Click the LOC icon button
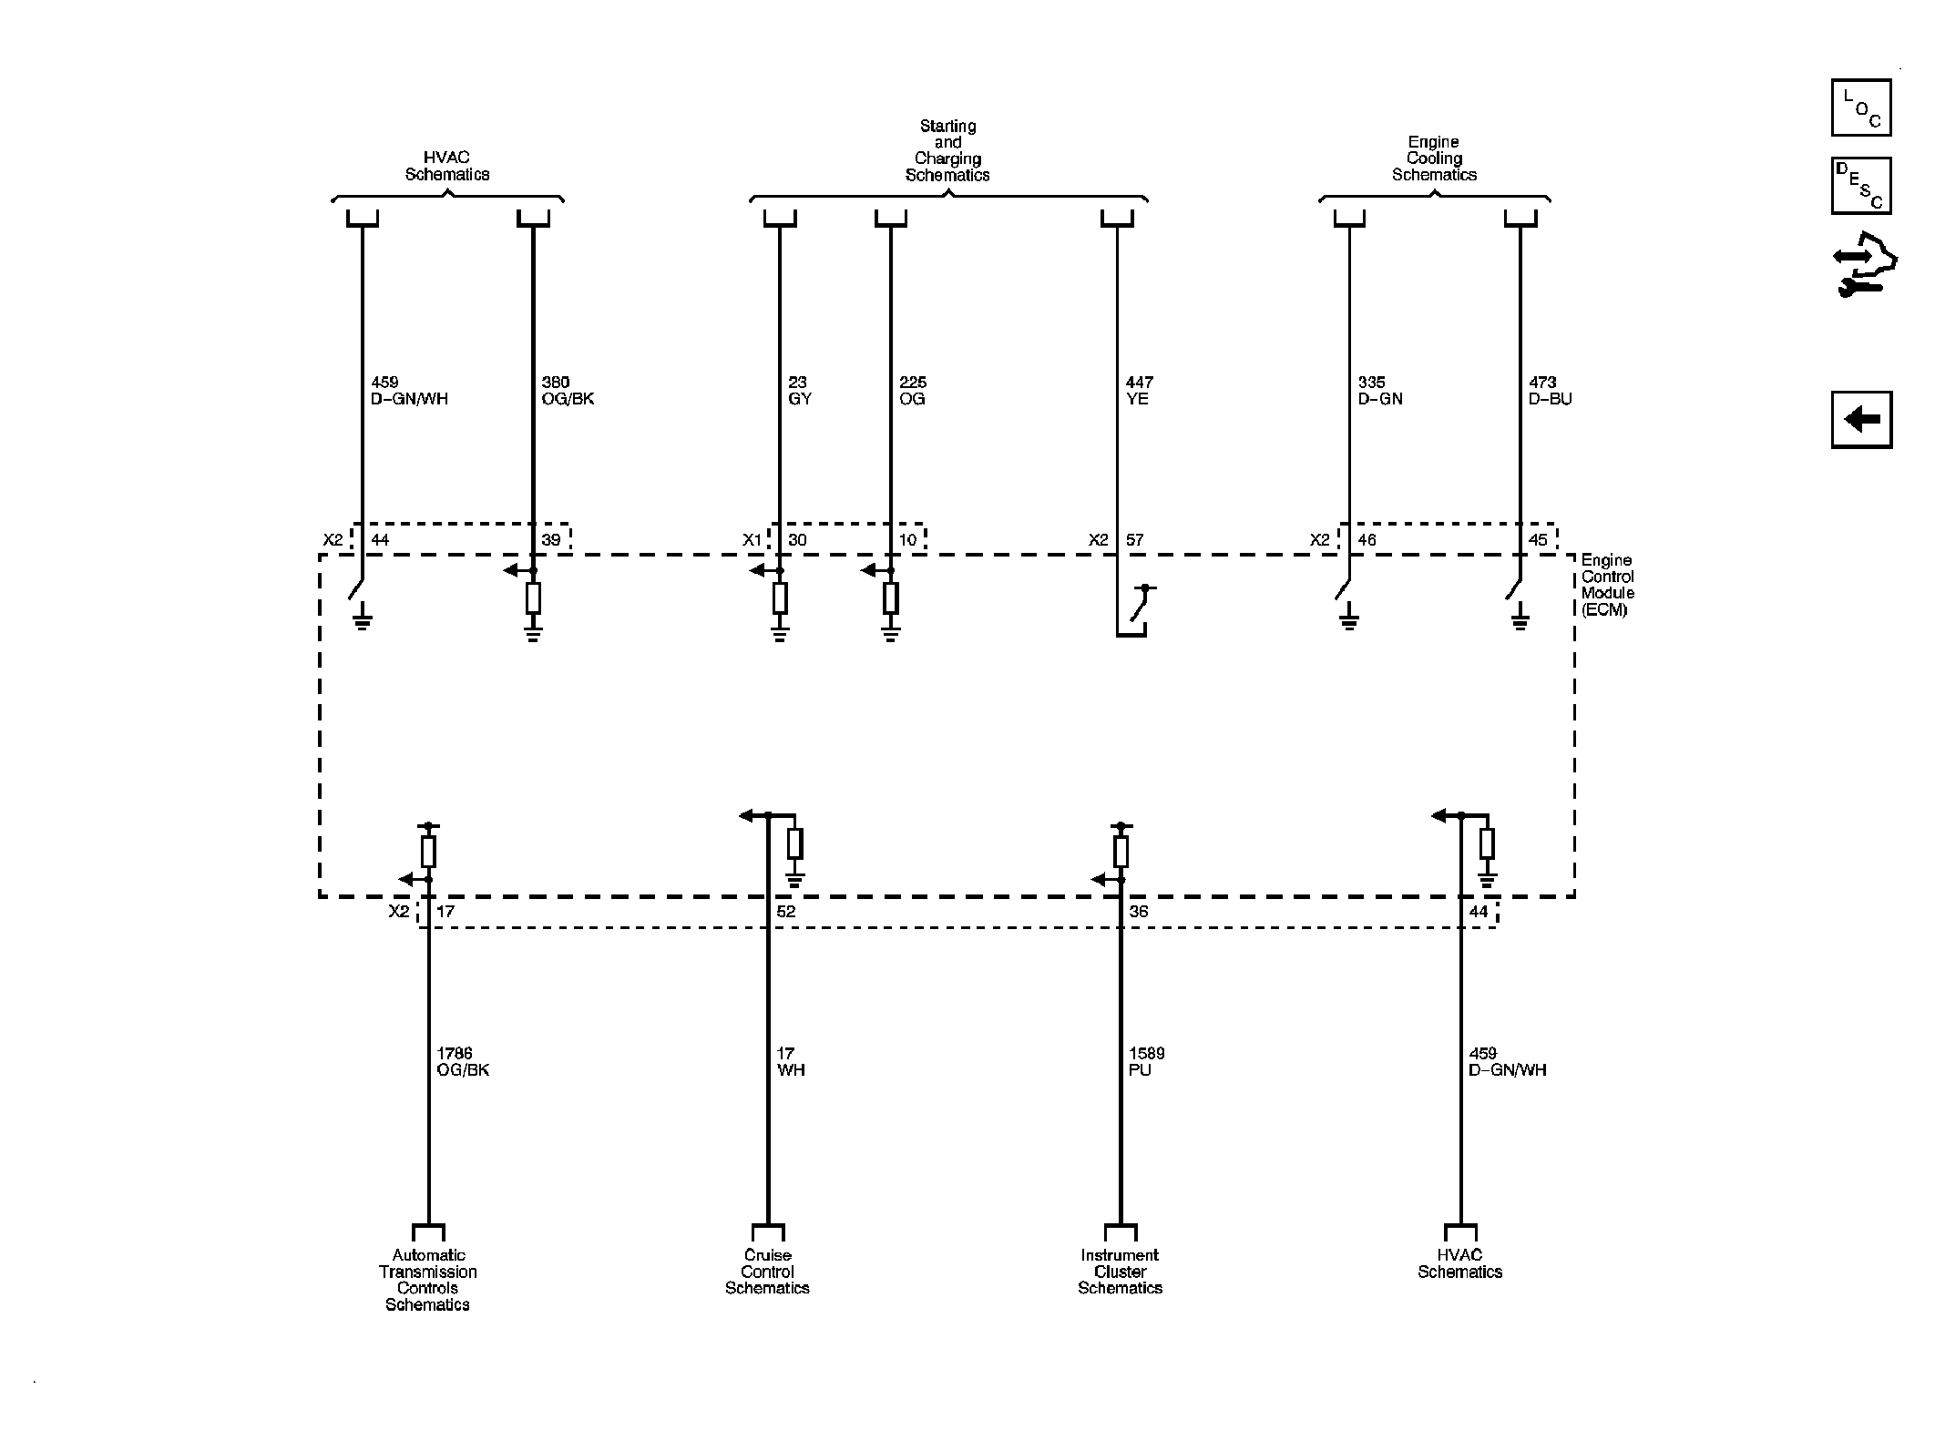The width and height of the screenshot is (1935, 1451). tap(1861, 107)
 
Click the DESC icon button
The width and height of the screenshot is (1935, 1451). tap(1861, 186)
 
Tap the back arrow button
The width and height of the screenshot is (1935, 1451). tap(1861, 420)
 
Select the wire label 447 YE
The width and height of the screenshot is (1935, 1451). tap(1139, 391)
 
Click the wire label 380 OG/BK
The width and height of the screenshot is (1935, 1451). tap(568, 391)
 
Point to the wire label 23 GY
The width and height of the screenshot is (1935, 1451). tap(799, 391)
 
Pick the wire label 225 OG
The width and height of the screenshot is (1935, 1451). tap(913, 391)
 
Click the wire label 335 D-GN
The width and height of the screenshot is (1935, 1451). tap(1380, 391)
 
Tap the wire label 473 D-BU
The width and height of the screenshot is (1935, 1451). tap(1551, 391)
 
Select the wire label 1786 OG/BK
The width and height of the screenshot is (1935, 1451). tap(463, 1062)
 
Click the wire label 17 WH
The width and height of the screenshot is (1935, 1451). tap(791, 1062)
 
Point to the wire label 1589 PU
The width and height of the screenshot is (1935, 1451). tap(1146, 1062)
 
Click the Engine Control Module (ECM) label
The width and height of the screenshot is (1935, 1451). tap(1608, 585)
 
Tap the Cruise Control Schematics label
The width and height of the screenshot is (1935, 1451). tap(767, 1272)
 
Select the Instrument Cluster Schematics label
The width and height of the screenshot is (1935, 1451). tap(1121, 1272)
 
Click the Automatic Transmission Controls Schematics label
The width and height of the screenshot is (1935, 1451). tap(428, 1280)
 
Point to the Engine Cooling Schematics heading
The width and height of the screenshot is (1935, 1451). tap(1434, 158)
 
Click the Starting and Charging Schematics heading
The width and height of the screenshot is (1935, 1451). tap(947, 150)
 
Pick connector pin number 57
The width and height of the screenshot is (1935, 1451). tap(1134, 540)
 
